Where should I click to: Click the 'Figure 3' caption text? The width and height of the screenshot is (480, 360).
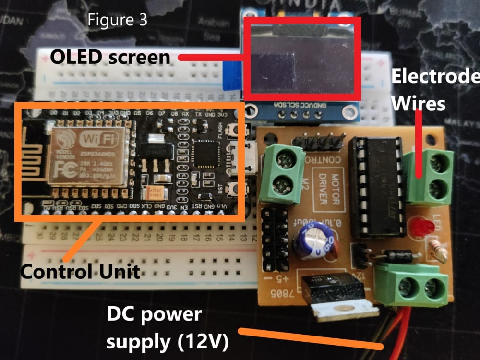click(x=117, y=21)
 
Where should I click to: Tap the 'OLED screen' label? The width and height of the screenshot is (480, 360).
click(x=110, y=58)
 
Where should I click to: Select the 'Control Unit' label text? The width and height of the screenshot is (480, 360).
click(x=80, y=272)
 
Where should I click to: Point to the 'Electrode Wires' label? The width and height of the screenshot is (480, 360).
click(x=434, y=90)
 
